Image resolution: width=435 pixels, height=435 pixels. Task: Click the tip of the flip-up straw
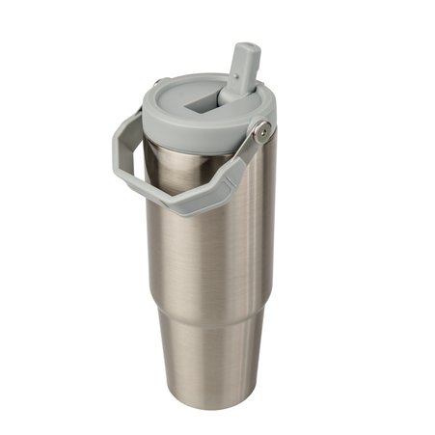click(247, 48)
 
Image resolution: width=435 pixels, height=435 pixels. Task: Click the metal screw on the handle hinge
click(261, 129)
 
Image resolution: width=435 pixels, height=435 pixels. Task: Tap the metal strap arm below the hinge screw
click(245, 154)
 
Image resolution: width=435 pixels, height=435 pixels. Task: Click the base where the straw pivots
click(232, 96)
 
